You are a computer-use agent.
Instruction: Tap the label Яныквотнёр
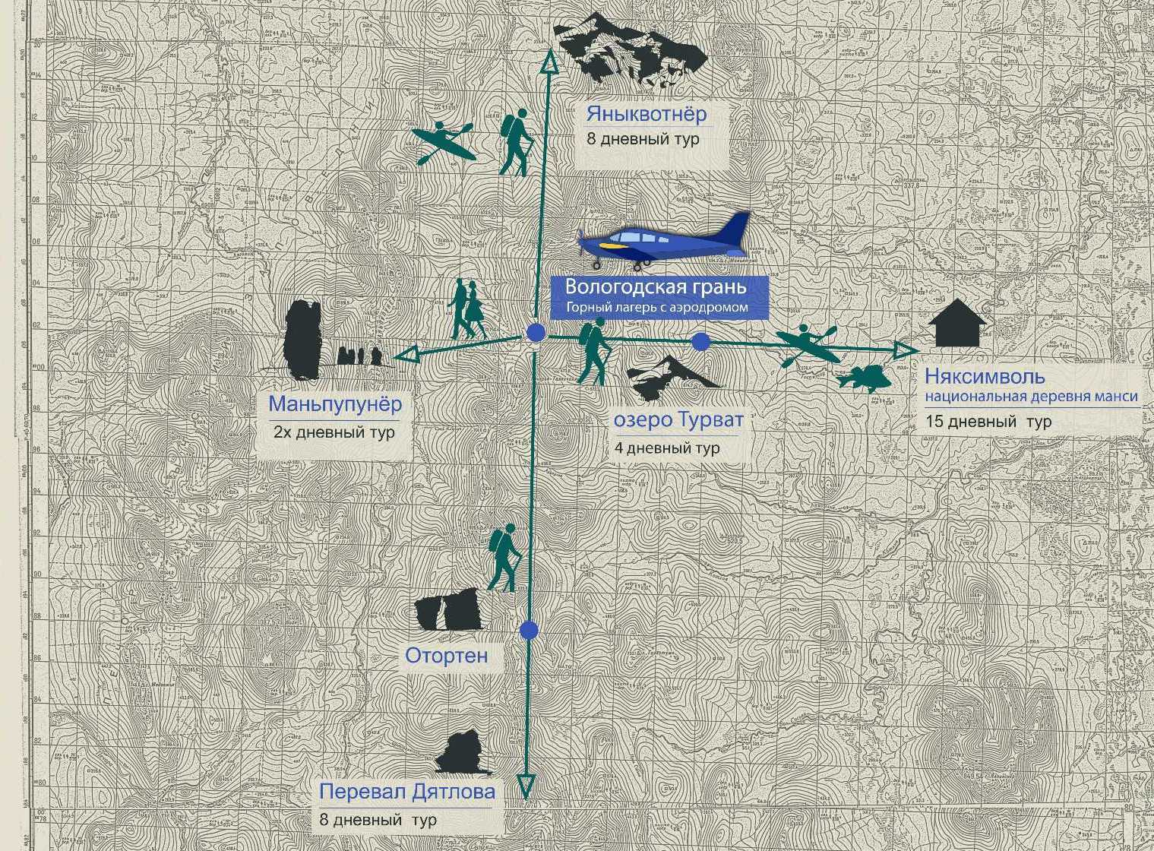[x=647, y=115]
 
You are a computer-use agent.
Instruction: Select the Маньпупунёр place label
[x=335, y=404]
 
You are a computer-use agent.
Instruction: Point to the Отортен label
[x=446, y=655]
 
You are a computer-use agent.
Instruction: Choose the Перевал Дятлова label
[x=407, y=792]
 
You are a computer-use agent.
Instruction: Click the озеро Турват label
[x=678, y=420]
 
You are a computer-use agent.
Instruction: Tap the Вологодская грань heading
[x=656, y=287]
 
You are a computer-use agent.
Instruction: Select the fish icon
[x=864, y=377]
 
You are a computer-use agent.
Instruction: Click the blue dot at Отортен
[x=530, y=630]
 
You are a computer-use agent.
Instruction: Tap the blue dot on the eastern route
[x=700, y=342]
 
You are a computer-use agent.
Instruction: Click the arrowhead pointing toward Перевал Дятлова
[x=526, y=786]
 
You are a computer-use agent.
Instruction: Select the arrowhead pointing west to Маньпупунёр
[x=407, y=354]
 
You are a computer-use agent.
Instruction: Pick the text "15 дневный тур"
[x=988, y=422]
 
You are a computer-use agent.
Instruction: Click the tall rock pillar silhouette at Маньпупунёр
[x=302, y=340]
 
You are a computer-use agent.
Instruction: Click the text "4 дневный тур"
[x=666, y=448]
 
